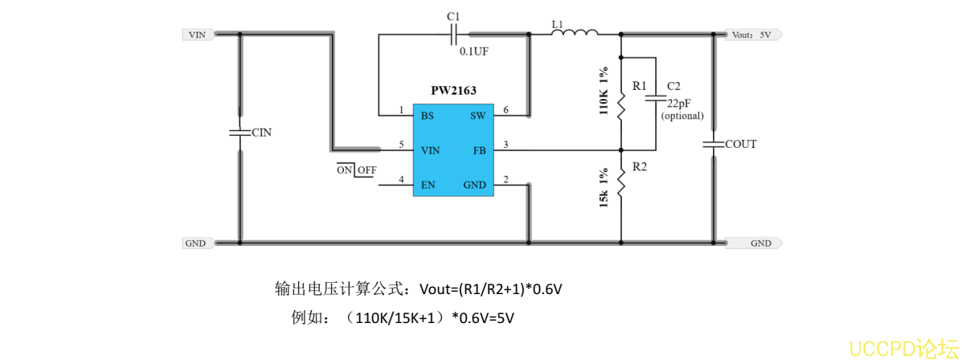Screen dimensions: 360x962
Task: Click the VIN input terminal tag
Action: [x=197, y=35]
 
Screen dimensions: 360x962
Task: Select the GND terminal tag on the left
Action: [x=196, y=243]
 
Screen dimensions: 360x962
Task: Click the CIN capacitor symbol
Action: [x=239, y=133]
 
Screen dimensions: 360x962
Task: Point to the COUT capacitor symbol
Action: [x=714, y=145]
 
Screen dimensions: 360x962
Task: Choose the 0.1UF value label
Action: [x=474, y=51]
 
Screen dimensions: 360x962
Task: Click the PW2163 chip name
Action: [x=452, y=92]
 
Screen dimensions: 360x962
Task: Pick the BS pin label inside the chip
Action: [x=428, y=116]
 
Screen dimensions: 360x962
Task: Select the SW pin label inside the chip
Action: [x=477, y=116]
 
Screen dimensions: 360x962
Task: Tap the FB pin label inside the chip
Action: [x=479, y=150]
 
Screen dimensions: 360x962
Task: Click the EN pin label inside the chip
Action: [x=428, y=185]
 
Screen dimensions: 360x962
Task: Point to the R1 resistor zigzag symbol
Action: [x=621, y=104]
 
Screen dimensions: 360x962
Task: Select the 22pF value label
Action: [x=677, y=104]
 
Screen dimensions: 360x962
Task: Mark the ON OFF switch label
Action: [x=356, y=170]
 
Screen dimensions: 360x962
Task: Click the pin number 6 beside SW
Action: [x=506, y=110]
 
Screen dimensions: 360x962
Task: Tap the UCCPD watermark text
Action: [x=902, y=347]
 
